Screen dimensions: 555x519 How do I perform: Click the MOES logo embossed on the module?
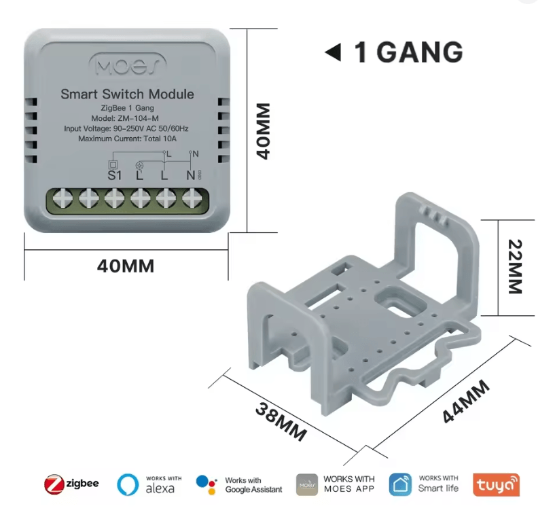pos(128,65)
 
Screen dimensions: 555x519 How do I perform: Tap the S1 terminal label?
pos(114,175)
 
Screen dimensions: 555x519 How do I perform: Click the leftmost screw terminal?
pos(62,198)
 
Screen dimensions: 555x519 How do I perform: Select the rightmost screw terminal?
pos(192,198)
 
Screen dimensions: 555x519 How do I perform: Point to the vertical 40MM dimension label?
pos(264,131)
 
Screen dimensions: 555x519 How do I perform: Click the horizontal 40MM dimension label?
pos(126,266)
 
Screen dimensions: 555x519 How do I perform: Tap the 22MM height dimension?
pos(515,266)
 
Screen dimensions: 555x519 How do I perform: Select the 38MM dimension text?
pos(281,422)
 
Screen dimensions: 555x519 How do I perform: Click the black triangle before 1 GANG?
pos(333,52)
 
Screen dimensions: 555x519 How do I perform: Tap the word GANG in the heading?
pos(419,52)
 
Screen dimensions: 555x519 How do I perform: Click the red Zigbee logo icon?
pos(54,484)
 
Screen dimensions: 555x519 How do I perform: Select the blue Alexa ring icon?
pos(128,484)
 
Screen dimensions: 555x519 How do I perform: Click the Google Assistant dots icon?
pos(207,484)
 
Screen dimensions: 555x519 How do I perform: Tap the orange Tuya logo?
pos(497,484)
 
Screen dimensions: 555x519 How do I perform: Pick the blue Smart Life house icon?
pos(400,484)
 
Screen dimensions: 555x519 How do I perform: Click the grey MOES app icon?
pos(307,484)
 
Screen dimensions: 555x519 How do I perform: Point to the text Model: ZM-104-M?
pos(125,118)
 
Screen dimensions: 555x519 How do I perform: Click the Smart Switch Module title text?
pos(127,94)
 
